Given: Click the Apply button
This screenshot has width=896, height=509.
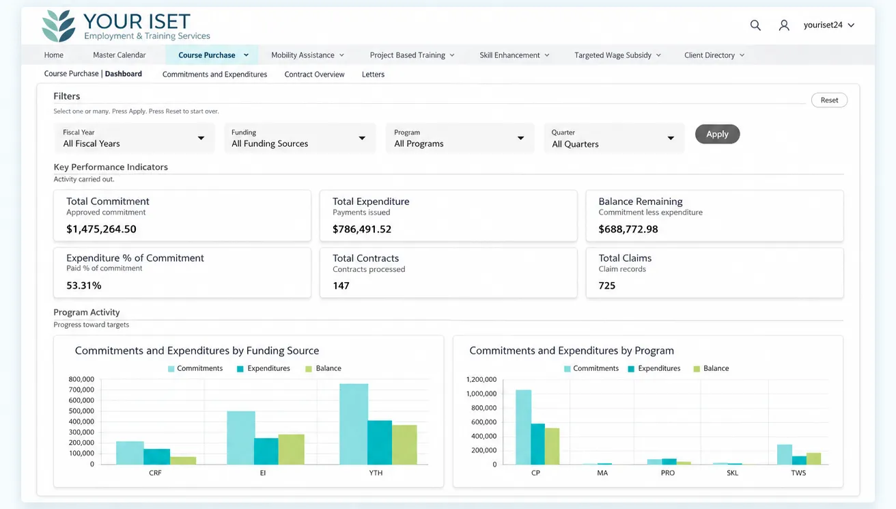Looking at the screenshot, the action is click(x=717, y=134).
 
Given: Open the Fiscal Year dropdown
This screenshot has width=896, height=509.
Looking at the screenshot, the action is click(x=135, y=138).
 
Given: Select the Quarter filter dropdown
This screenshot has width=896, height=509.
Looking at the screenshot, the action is click(x=614, y=138).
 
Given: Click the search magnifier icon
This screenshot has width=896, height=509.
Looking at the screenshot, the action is click(x=755, y=25).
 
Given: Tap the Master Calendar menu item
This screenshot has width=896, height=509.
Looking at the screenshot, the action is click(x=120, y=55).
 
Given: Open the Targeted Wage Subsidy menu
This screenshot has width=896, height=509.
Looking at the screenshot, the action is click(x=617, y=55).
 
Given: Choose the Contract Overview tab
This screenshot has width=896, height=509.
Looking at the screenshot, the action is click(x=314, y=74).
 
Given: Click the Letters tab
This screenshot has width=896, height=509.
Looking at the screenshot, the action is click(x=373, y=74).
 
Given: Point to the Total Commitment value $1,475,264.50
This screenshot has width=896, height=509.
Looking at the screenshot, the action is click(x=101, y=229).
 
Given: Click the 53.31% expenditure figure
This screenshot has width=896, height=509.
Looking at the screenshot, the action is click(x=84, y=286).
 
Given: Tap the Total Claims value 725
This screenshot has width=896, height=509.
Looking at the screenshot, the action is click(x=607, y=286).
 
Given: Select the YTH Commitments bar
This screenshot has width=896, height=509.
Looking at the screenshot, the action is click(x=354, y=424).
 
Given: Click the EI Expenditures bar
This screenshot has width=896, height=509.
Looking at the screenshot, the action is click(x=266, y=451).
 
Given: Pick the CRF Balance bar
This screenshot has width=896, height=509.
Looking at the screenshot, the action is click(x=183, y=460).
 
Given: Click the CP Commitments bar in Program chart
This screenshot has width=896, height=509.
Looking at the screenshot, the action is click(x=524, y=427).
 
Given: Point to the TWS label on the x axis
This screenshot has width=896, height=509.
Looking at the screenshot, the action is click(x=798, y=473).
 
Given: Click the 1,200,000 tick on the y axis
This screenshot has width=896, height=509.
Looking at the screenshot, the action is click(x=481, y=379).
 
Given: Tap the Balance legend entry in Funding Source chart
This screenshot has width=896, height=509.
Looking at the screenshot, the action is click(x=323, y=368).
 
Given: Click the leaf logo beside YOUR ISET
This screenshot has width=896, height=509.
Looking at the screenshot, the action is click(x=59, y=25).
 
